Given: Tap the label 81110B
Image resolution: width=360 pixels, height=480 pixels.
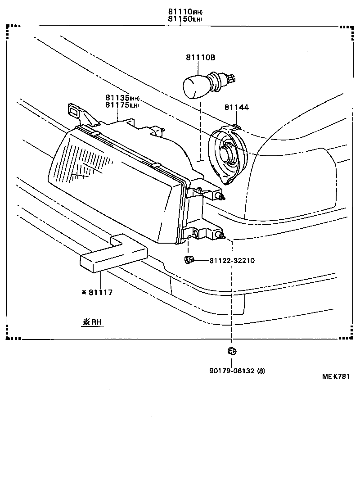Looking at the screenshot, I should (x=200, y=58).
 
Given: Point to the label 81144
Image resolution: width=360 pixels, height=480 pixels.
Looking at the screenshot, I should (x=236, y=107).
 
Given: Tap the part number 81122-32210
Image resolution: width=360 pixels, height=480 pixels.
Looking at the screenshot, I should (x=232, y=261).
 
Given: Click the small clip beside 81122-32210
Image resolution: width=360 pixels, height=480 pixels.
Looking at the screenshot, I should (x=189, y=259).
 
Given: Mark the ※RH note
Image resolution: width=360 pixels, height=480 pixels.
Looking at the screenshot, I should (x=92, y=322).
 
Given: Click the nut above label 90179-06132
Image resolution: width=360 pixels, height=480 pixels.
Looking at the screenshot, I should (x=232, y=351).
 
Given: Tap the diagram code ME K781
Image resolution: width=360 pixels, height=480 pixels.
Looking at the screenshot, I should (x=335, y=377).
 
